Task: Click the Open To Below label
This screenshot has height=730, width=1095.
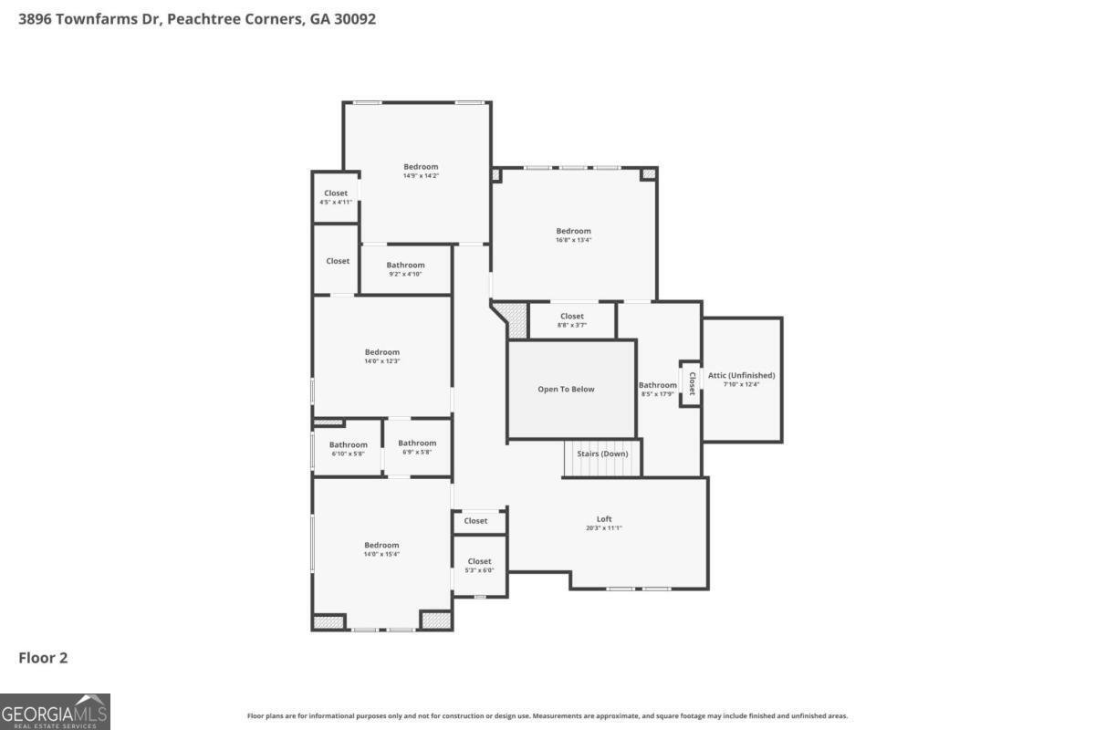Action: [x=566, y=389]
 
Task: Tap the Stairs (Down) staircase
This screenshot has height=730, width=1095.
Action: [x=601, y=459]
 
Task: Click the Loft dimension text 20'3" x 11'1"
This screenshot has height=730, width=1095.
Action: [x=604, y=528]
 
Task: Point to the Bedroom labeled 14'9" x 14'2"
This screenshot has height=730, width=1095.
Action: [x=421, y=171]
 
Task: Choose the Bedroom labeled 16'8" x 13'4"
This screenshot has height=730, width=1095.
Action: [x=574, y=235]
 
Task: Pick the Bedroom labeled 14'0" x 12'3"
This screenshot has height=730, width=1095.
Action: [x=382, y=356]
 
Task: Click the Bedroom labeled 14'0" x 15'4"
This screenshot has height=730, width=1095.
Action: [x=381, y=549]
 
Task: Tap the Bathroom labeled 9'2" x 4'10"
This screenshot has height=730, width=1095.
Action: [x=405, y=269]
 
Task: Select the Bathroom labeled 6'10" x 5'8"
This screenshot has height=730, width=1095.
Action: [x=349, y=448]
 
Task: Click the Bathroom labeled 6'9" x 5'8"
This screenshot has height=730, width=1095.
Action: [x=417, y=447]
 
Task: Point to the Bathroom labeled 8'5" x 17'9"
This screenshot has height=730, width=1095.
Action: [x=657, y=389]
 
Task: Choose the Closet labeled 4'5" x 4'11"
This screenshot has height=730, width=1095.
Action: [x=335, y=197]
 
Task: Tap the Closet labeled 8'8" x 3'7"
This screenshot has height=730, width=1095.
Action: [x=572, y=320]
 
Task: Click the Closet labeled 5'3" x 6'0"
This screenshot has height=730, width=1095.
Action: [x=479, y=565]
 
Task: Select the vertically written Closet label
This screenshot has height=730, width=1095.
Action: [x=692, y=383]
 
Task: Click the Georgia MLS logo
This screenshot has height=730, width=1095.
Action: [x=55, y=711]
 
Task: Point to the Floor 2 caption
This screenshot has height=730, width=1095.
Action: [x=43, y=657]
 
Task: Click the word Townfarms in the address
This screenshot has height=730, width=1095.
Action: [x=95, y=18]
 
